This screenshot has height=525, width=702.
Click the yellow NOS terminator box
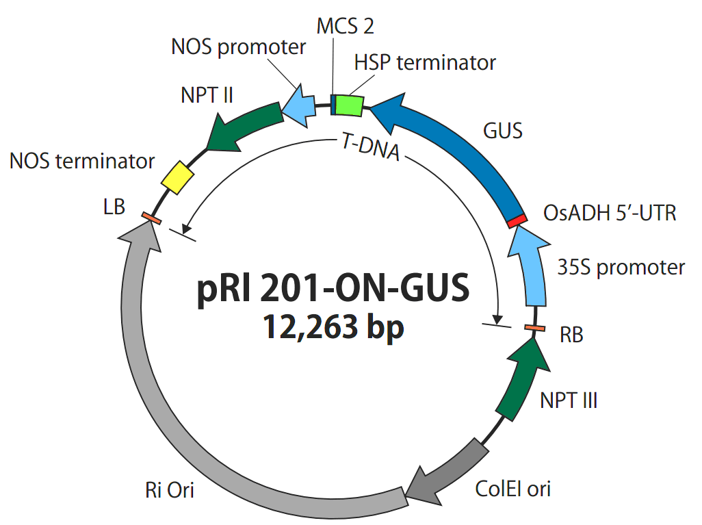[x=178, y=177]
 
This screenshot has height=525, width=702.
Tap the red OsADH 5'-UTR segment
[x=518, y=220]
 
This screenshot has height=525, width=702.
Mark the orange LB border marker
[x=151, y=218]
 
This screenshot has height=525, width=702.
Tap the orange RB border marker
[x=535, y=329]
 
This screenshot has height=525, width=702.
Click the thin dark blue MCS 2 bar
[x=333, y=104]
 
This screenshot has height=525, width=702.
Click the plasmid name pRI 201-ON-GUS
[x=333, y=289]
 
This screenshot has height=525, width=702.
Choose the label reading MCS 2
[x=345, y=27]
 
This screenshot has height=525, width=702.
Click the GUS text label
[x=503, y=131]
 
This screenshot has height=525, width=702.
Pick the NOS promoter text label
[x=238, y=47]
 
